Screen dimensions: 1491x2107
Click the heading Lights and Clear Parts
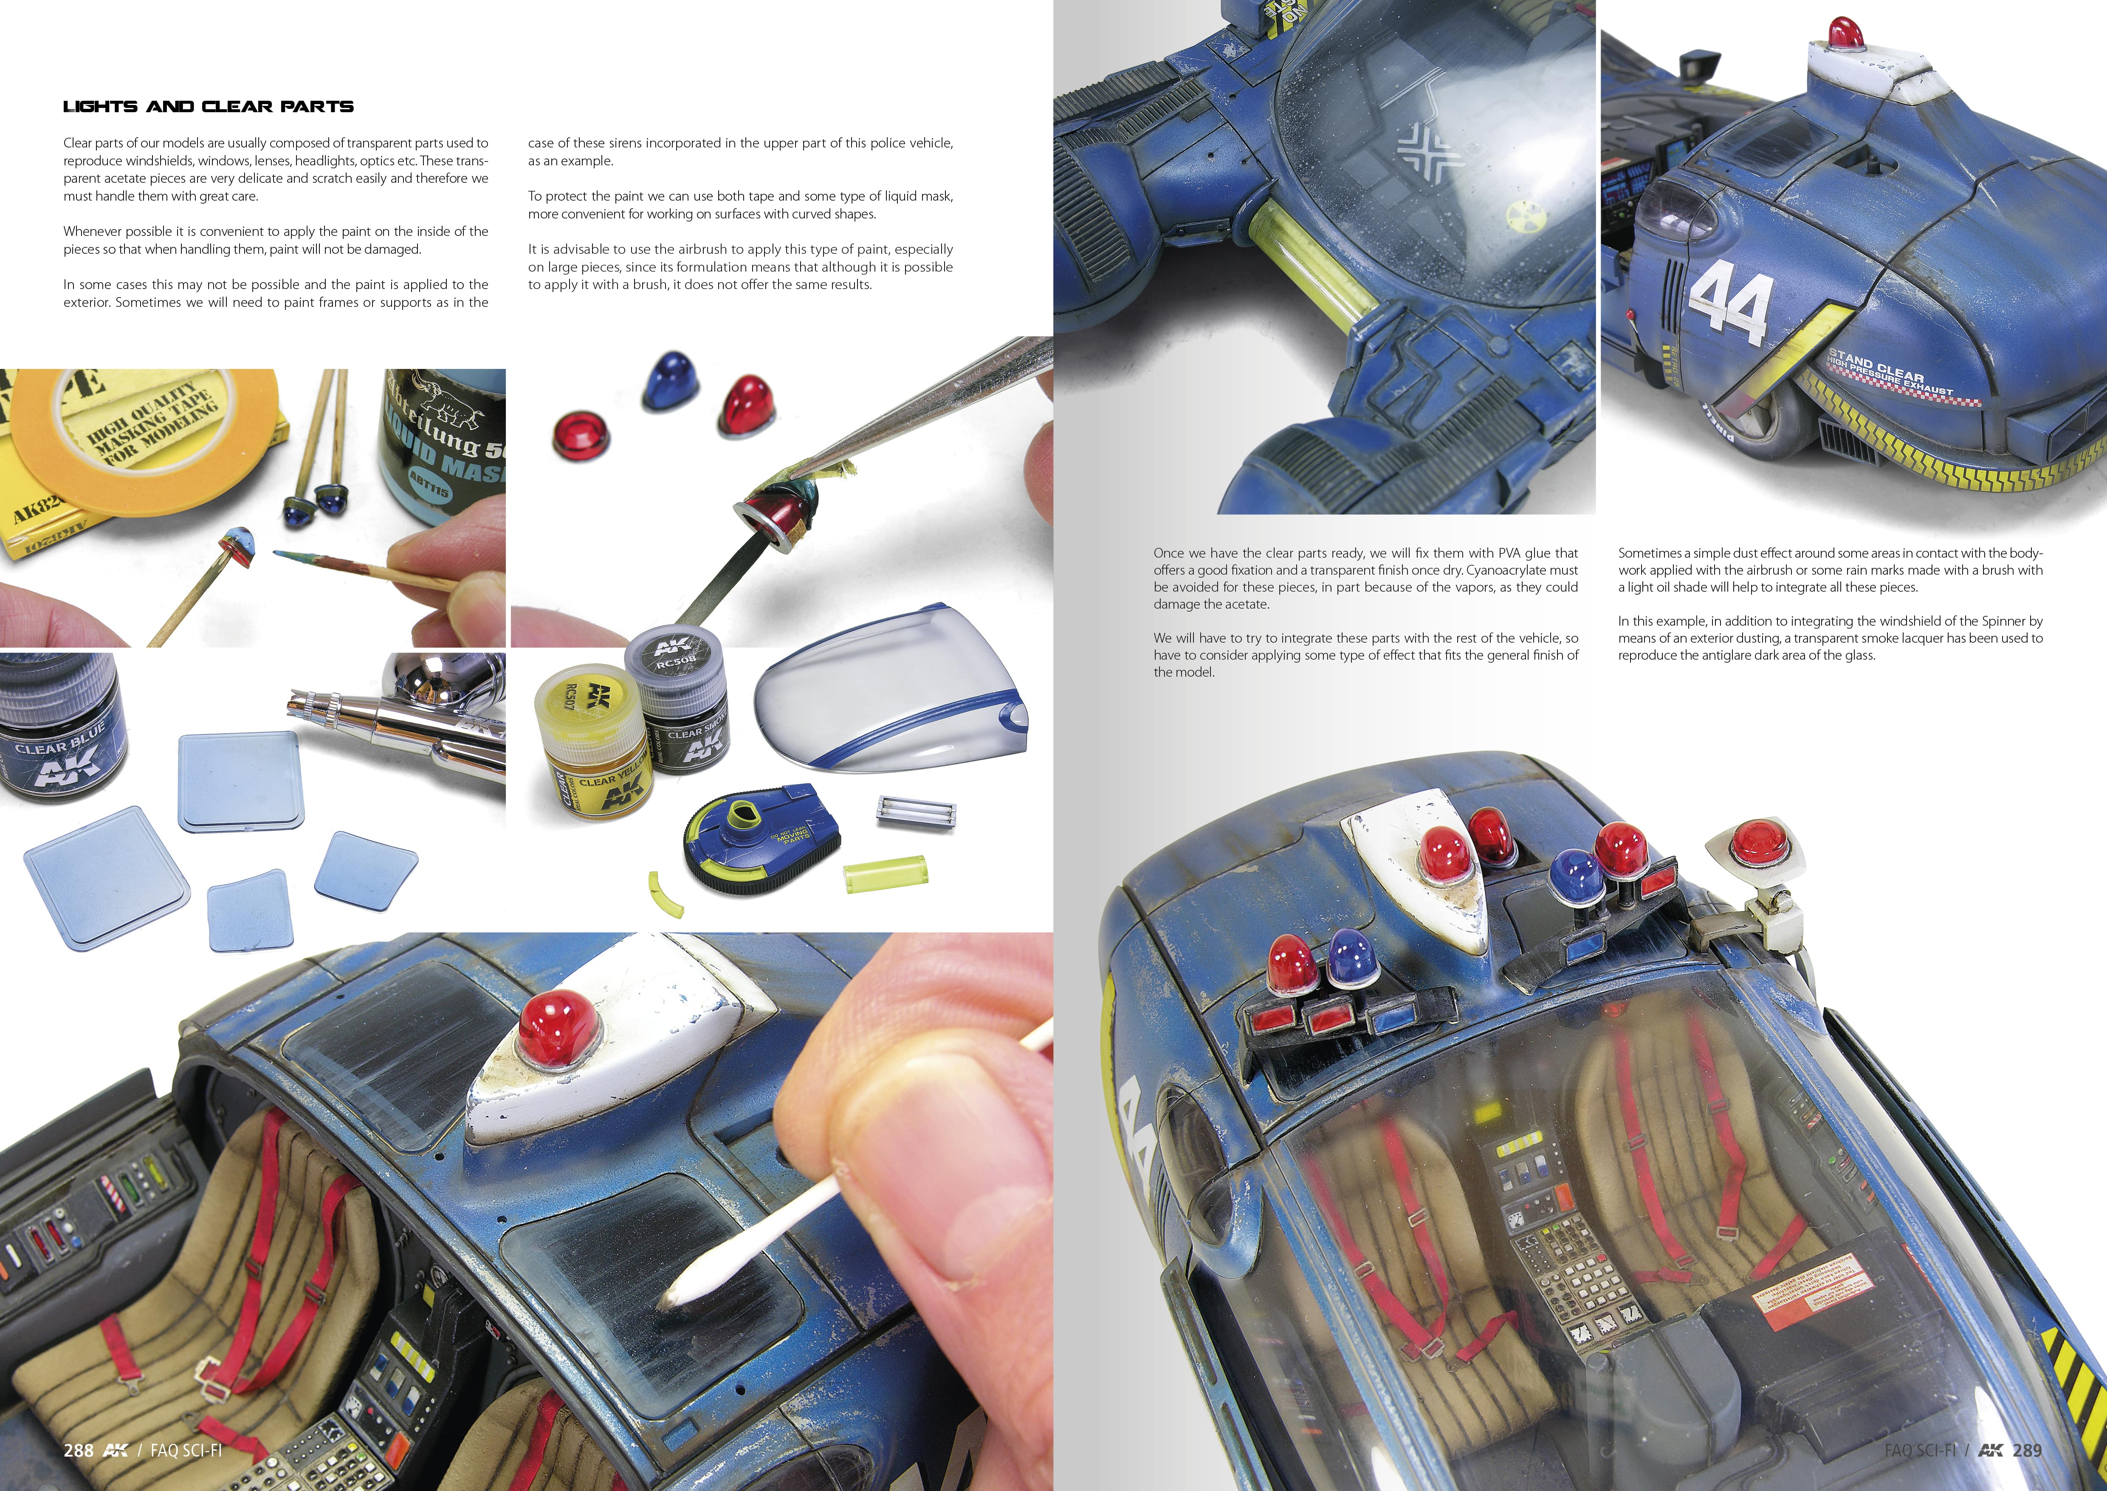tap(208, 107)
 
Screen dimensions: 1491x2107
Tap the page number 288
tap(78, 1450)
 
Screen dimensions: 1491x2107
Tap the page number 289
tap(2026, 1450)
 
